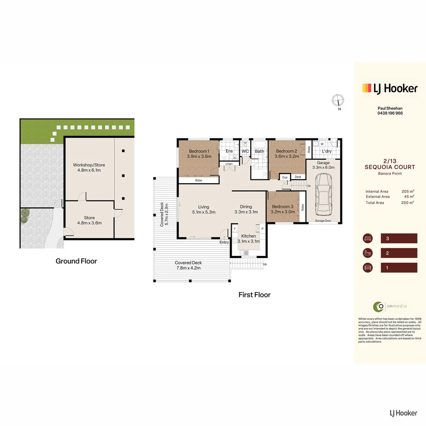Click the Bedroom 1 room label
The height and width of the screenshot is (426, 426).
click(x=199, y=151)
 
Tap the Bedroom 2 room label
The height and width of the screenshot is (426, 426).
click(x=286, y=151)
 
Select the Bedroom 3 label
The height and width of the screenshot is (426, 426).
click(x=282, y=207)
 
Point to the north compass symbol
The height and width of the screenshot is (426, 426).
click(x=338, y=100)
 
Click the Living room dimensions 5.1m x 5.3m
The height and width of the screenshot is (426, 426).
click(x=204, y=212)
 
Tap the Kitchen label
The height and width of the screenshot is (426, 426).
click(x=248, y=236)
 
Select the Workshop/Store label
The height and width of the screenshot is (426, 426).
click(x=89, y=165)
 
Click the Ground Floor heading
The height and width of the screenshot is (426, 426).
click(x=76, y=261)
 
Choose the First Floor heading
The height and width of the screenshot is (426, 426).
click(x=254, y=295)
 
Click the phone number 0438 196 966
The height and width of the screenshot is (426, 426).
click(x=389, y=113)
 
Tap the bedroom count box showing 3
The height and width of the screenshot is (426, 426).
click(x=399, y=238)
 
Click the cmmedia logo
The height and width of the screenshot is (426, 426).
click(x=385, y=306)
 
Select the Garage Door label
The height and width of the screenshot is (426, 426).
click(x=323, y=221)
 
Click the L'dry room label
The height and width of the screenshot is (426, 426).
click(x=327, y=151)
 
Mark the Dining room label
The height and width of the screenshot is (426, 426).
click(x=246, y=207)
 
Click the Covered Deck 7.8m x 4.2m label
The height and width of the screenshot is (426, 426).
click(x=188, y=265)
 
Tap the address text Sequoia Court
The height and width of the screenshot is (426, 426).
click(x=389, y=167)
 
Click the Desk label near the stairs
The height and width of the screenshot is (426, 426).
click(x=298, y=177)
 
